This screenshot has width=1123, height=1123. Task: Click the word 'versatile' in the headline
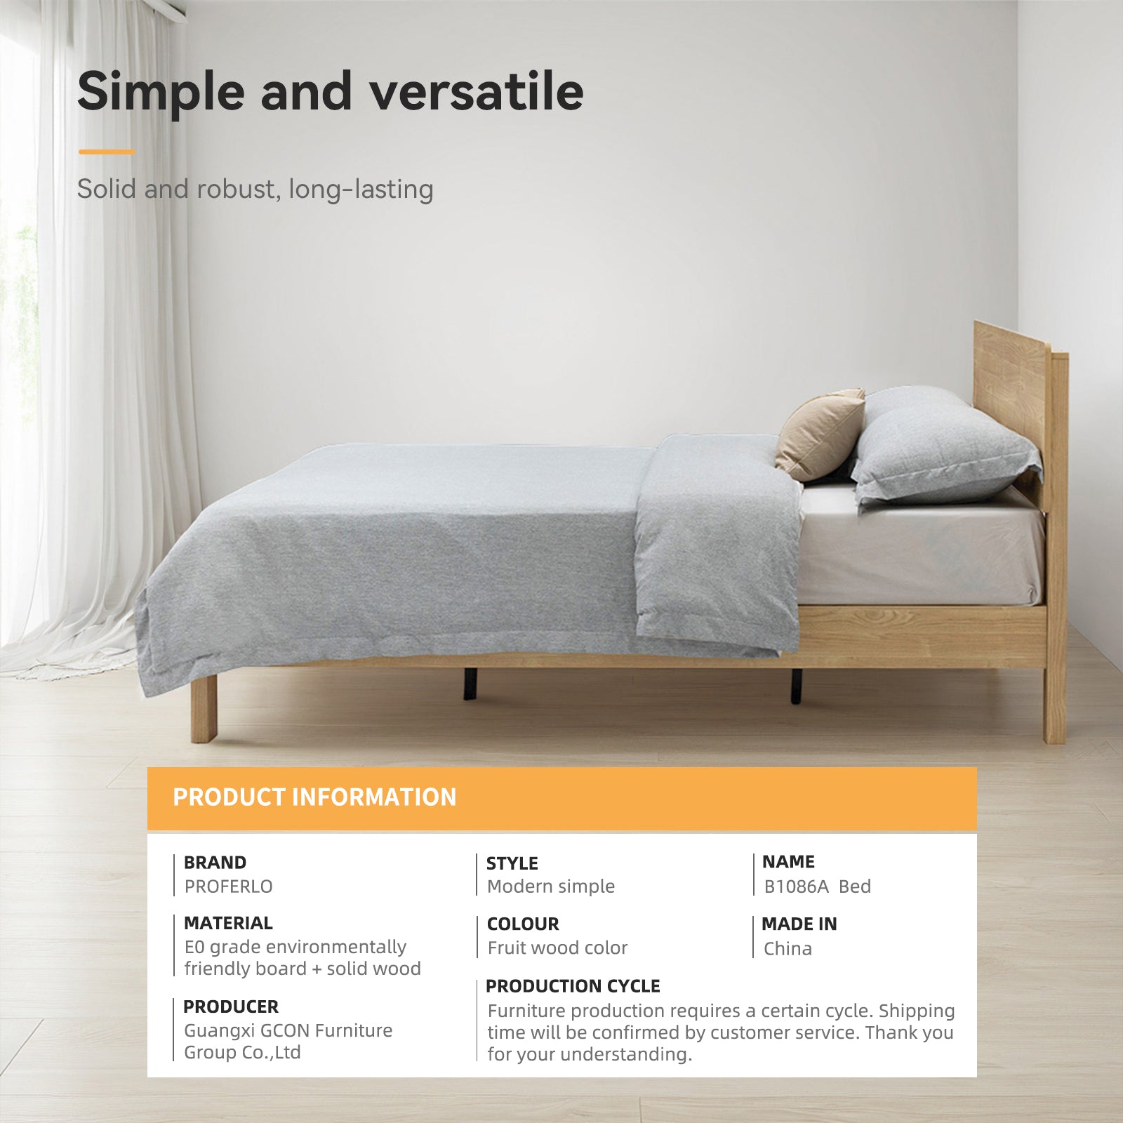click(477, 91)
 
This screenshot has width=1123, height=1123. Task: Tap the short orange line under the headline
click(107, 152)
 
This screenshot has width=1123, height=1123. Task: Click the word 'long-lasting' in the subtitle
click(361, 190)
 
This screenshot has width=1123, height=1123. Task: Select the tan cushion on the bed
click(820, 435)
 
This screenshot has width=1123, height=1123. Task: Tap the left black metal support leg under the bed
click(470, 684)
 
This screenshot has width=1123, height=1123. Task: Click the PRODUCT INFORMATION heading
click(314, 797)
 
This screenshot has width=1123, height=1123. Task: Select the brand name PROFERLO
click(228, 886)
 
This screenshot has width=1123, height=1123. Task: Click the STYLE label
click(512, 863)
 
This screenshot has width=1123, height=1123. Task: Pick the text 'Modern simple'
click(551, 886)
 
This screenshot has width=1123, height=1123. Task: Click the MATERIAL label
click(228, 923)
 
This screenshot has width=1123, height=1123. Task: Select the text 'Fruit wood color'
click(557, 948)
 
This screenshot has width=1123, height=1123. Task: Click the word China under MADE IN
click(788, 949)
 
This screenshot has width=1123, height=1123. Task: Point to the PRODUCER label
click(231, 1006)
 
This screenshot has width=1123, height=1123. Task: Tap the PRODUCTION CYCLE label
click(573, 986)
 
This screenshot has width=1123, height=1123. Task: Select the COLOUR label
click(523, 924)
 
